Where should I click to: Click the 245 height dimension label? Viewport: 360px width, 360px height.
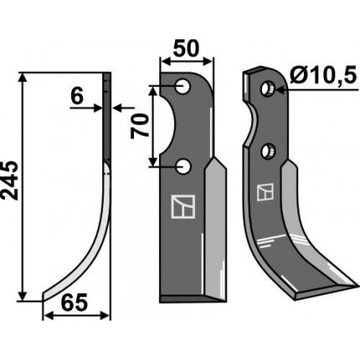tap(10, 180)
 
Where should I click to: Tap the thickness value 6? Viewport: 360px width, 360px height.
tap(77, 97)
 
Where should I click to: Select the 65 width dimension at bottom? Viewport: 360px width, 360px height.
tap(75, 302)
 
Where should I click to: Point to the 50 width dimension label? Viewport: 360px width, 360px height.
tap(186, 48)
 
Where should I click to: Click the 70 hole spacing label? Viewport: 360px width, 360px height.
tap(140, 126)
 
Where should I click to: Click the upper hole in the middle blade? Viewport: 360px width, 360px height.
tap(183, 86)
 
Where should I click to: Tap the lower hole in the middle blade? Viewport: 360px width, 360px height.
tap(183, 167)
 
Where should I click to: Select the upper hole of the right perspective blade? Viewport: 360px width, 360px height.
tap(268, 89)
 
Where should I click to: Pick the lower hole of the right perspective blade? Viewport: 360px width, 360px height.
tap(268, 152)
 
